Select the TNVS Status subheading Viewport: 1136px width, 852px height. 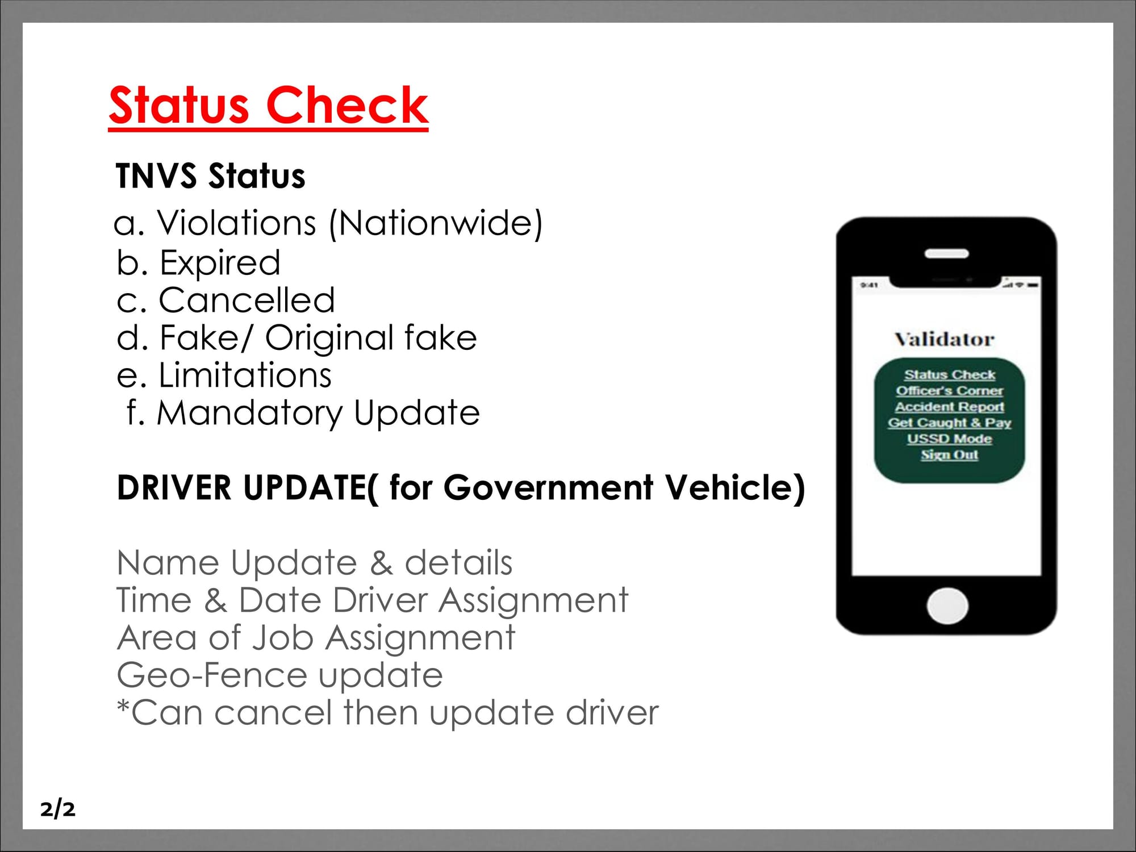pos(211,176)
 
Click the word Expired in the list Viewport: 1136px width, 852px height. pos(220,262)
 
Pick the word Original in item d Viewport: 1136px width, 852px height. pos(329,338)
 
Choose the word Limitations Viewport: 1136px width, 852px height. pos(245,375)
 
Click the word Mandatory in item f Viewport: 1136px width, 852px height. pos(250,413)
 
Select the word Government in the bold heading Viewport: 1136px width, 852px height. pos(548,488)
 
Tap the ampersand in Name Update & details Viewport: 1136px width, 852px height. pos(381,563)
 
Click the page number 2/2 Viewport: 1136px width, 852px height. pos(57,809)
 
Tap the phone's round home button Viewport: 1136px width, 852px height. pos(947,606)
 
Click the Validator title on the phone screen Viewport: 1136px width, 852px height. pos(945,339)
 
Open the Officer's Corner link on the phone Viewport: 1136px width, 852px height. pos(950,391)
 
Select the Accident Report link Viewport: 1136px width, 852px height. pos(950,407)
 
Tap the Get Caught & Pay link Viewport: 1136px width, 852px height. pos(950,423)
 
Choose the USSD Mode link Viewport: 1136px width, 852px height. pos(950,438)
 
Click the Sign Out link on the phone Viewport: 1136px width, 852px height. pos(950,455)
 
